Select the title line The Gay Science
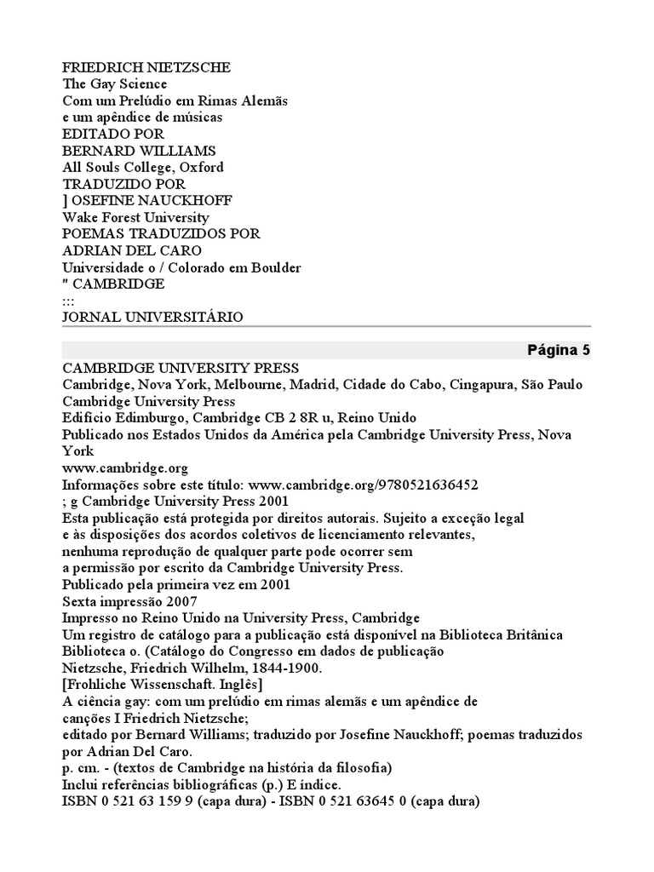pyautogui.click(x=115, y=84)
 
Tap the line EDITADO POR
pyautogui.click(x=113, y=134)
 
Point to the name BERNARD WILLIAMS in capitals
pyautogui.click(x=139, y=151)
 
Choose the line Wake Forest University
pyautogui.click(x=136, y=217)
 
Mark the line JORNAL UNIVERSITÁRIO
pyautogui.click(x=152, y=317)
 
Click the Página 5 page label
pyautogui.click(x=558, y=350)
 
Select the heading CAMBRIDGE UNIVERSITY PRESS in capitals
pyautogui.click(x=181, y=368)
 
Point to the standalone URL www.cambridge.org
pyautogui.click(x=125, y=468)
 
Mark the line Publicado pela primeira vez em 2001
pyautogui.click(x=176, y=584)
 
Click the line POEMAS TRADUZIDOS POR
pyautogui.click(x=161, y=233)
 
